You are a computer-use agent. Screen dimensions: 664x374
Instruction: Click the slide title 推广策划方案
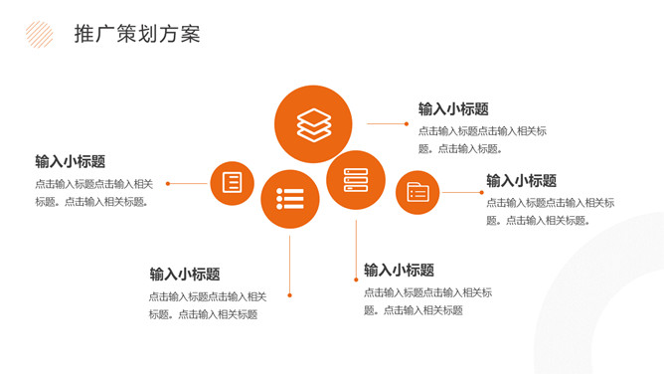pos(137,34)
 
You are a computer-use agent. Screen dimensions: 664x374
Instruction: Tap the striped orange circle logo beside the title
pos(40,34)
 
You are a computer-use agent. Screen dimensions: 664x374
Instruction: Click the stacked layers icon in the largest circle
pos(313,124)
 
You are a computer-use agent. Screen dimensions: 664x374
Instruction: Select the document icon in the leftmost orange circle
pos(232,183)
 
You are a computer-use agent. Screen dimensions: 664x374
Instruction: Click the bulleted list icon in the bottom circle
pos(290,199)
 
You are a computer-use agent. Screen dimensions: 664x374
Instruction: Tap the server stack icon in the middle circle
pos(356,180)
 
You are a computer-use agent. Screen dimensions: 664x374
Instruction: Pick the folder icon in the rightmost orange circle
pos(417,192)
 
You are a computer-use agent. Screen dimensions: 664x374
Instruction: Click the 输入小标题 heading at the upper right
pos(453,108)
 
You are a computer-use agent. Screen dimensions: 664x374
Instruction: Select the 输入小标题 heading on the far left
pos(71,161)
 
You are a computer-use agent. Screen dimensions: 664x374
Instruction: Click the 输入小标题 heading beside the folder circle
pos(521,181)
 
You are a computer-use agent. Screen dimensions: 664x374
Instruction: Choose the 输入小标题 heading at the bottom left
pos(185,275)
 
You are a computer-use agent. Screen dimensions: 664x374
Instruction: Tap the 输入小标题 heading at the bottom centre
pos(399,270)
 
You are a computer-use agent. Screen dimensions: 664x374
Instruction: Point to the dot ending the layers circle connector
pos(407,123)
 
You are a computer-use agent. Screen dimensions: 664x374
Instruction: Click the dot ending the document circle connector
pos(168,183)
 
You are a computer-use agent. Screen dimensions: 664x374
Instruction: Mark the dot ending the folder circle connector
pos(481,192)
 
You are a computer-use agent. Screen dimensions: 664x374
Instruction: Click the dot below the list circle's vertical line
pos(289,295)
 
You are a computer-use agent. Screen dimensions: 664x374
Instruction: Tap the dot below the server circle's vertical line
pos(356,280)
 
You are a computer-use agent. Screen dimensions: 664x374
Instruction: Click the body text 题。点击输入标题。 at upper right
pos(460,148)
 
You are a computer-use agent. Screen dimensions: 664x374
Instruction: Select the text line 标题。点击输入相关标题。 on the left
pos(91,202)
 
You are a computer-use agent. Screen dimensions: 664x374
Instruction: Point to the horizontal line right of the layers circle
pos(386,123)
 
